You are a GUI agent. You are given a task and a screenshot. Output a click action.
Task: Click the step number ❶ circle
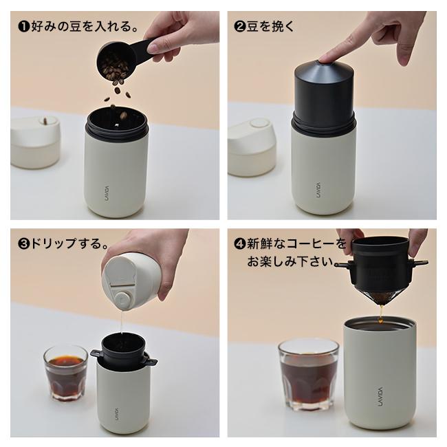pos(22,28)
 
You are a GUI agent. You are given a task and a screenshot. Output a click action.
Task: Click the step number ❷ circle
pos(240,28)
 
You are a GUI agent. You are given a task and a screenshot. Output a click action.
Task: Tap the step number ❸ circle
pos(23,243)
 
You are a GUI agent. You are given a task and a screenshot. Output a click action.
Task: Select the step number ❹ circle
pos(240,243)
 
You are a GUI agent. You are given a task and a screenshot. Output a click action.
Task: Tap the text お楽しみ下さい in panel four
pos(289,262)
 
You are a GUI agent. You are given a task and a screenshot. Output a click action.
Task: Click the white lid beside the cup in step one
pos(35,142)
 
